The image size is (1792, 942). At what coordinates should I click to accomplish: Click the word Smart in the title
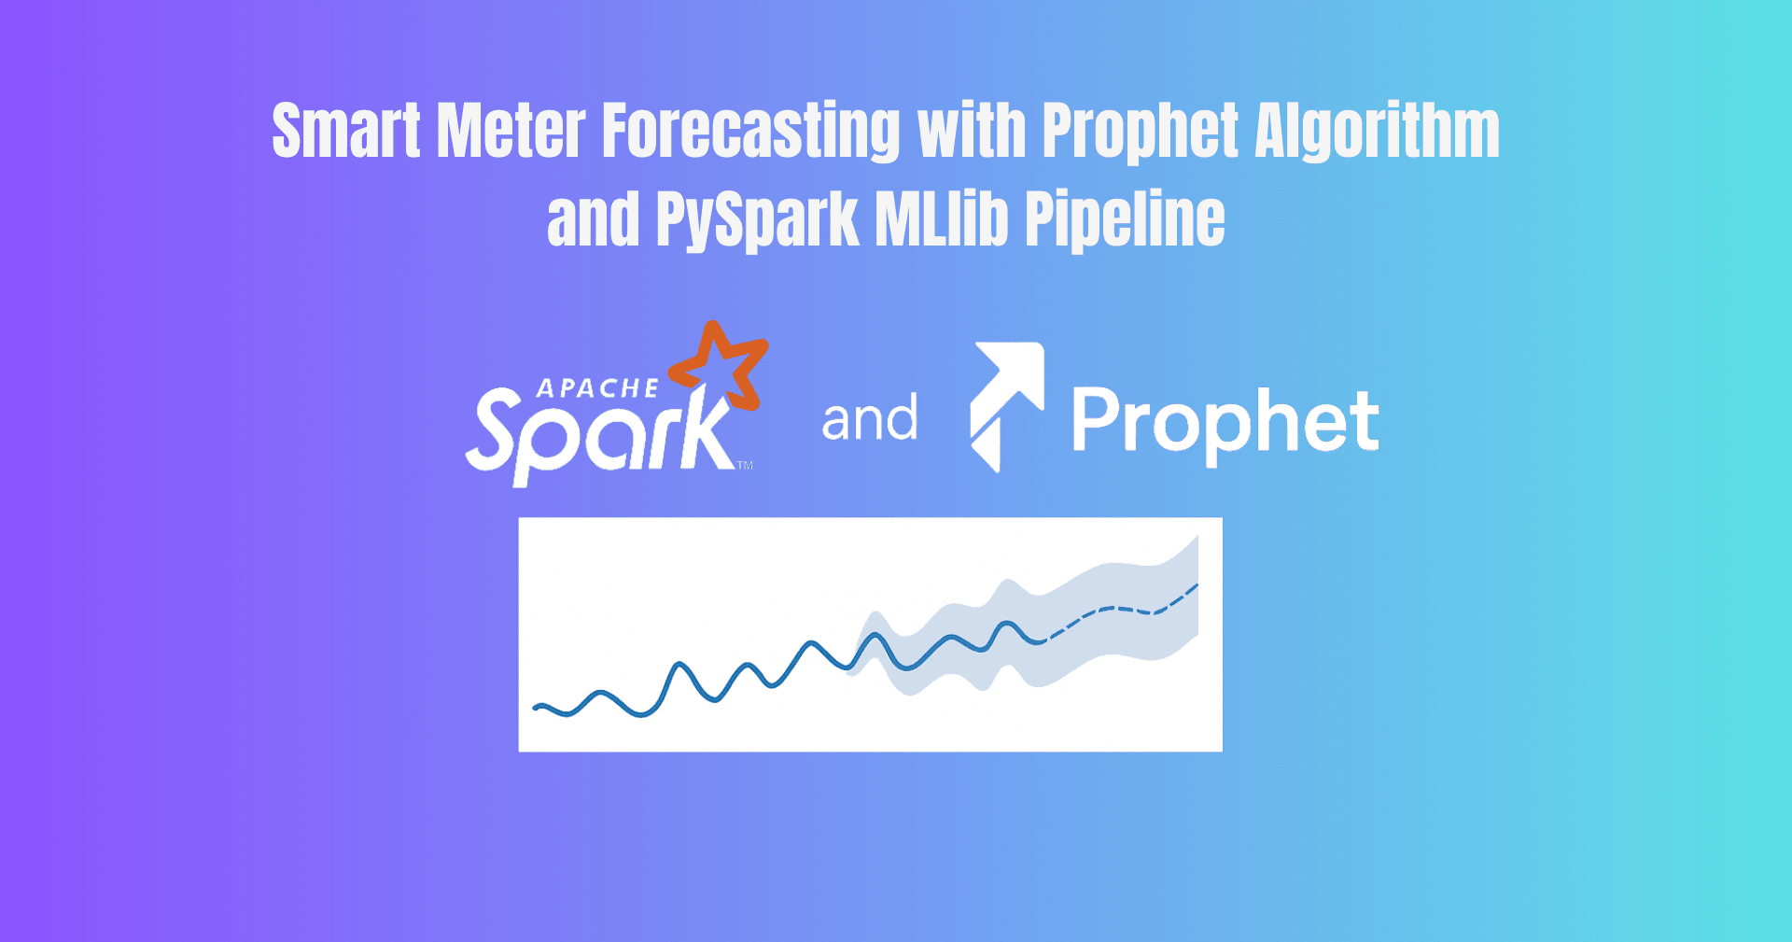pos(346,131)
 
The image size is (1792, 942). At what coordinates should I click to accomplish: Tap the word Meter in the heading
pos(511,131)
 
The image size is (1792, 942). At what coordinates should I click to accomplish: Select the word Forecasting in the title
pos(751,131)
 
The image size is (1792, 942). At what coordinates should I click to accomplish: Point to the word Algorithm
pos(1377,131)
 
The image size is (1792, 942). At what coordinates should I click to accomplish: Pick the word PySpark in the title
pos(757,220)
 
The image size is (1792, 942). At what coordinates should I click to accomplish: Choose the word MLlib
pos(942,220)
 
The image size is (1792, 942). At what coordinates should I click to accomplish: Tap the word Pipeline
pos(1125,220)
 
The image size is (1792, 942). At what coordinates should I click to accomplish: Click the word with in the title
pos(972,131)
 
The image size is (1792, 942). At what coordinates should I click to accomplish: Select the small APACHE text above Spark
pos(597,388)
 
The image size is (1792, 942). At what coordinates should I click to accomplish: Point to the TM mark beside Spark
pos(745,465)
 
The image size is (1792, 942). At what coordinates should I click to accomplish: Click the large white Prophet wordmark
pos(1225,422)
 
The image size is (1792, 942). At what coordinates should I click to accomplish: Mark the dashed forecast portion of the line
pos(1120,610)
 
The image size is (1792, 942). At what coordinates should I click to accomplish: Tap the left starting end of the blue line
pos(536,708)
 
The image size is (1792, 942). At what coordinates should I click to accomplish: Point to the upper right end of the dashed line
pos(1196,586)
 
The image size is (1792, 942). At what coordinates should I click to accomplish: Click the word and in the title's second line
pos(593,220)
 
